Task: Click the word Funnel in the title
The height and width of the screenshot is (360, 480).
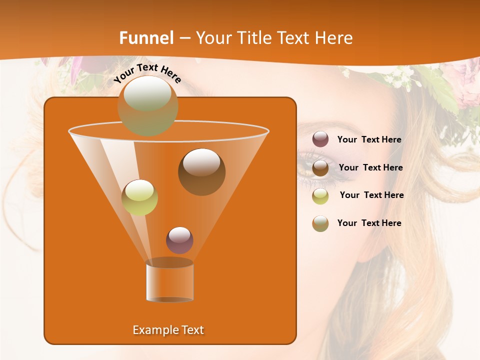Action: (146, 38)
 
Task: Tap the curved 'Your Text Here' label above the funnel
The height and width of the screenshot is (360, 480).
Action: (147, 73)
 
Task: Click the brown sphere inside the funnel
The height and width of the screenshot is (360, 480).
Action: (201, 171)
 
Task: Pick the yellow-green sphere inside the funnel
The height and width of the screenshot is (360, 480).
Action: (139, 197)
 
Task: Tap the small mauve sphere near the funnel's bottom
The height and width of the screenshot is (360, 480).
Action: (179, 240)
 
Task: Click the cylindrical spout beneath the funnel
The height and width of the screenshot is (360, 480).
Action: (169, 280)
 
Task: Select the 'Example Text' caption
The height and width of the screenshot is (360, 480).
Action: (168, 330)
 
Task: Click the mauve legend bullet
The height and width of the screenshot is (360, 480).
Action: (320, 139)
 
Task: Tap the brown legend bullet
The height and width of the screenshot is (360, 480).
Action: (320, 168)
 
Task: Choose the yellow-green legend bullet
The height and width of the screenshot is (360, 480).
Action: (320, 195)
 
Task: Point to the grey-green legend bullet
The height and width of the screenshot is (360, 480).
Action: (320, 223)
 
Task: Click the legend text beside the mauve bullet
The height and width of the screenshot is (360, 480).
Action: (369, 140)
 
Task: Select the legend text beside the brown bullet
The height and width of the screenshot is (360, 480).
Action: (370, 167)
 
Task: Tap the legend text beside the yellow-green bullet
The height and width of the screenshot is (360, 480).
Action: (371, 195)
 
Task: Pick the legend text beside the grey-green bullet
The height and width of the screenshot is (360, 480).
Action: (369, 223)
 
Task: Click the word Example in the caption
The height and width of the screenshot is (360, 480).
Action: (154, 330)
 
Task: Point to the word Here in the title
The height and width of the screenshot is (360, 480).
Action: (334, 38)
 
